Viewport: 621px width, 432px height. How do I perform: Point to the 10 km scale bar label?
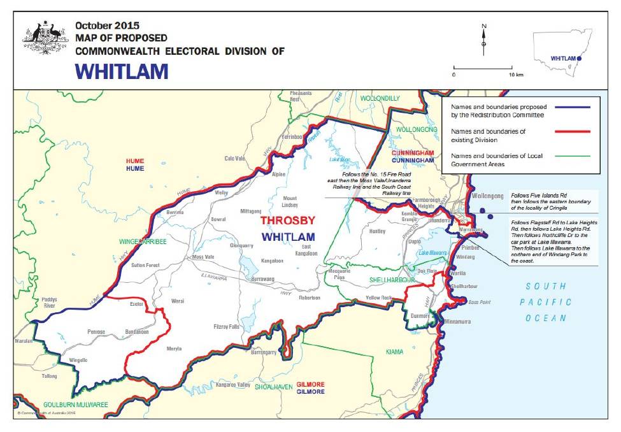pyautogui.click(x=516, y=75)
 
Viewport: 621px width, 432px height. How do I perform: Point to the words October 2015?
pyautogui.click(x=103, y=26)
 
